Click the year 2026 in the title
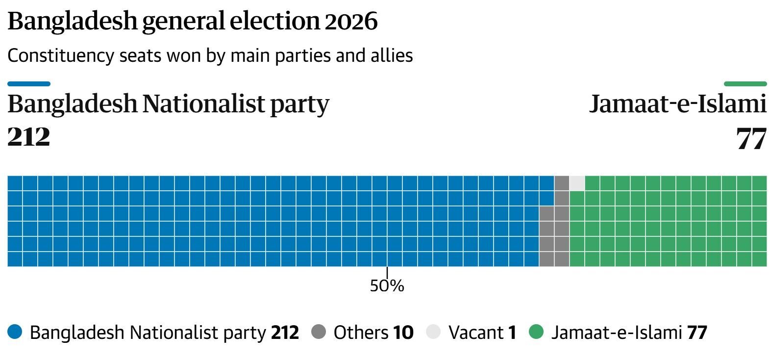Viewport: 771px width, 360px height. point(351,22)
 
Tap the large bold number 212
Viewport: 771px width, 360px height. point(29,137)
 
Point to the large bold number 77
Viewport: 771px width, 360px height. point(751,139)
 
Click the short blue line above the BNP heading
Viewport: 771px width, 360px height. point(29,84)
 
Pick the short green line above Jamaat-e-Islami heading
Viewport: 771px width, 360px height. point(745,84)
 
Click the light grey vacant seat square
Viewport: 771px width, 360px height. point(577,183)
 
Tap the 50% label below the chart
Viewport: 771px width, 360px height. point(387,285)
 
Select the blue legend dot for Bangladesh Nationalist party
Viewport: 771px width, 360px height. point(15,333)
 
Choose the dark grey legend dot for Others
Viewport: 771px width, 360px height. point(319,333)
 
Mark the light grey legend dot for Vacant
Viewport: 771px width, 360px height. point(433,333)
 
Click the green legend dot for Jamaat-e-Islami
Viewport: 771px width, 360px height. point(537,333)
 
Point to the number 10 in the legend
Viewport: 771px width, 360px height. point(403,333)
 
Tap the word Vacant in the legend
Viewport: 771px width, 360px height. point(475,333)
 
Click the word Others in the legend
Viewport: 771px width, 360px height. point(361,333)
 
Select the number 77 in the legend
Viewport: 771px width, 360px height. point(697,333)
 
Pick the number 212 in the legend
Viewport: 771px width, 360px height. point(285,333)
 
